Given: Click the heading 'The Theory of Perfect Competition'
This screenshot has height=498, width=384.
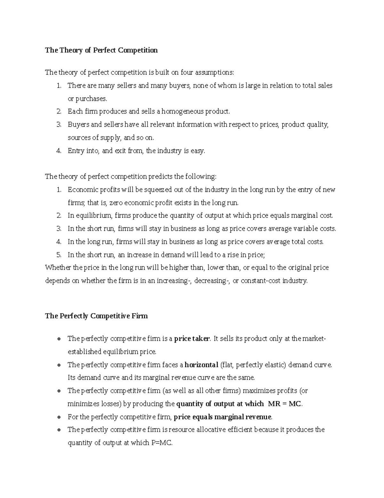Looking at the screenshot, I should click(101, 50).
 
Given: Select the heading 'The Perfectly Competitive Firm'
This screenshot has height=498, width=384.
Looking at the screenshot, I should click(96, 316).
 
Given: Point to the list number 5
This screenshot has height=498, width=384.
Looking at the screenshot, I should click(59, 255).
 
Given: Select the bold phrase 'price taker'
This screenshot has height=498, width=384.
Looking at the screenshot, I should click(192, 339).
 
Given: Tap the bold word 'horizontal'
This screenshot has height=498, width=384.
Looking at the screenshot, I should click(201, 365).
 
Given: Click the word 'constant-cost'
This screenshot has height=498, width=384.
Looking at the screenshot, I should click(260, 281).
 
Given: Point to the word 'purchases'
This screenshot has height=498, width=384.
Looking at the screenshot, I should click(87, 99).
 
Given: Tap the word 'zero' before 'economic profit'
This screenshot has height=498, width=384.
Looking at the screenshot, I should click(116, 203).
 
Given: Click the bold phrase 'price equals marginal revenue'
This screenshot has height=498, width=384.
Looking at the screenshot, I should click(222, 417).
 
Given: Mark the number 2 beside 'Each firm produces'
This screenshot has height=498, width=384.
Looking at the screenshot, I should click(59, 112).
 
